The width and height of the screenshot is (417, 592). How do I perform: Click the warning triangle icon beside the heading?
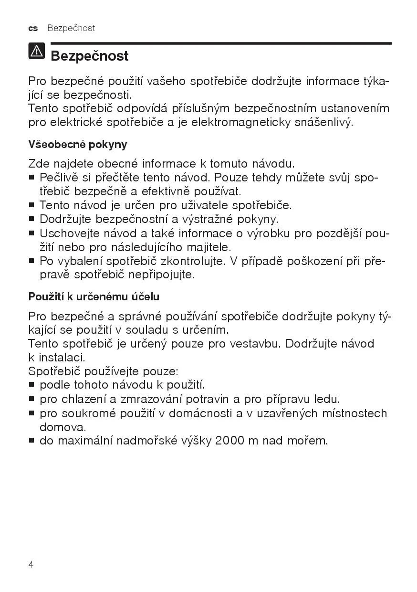tap(37, 51)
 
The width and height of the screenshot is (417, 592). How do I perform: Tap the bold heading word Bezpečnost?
tap(89, 56)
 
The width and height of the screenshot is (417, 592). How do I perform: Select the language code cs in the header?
tap(33, 28)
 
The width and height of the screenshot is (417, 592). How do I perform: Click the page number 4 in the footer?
tap(31, 565)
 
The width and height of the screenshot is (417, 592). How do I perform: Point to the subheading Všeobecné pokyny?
tap(78, 144)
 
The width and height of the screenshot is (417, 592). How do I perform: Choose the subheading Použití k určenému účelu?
tap(94, 296)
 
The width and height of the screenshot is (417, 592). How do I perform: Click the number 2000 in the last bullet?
tap(229, 440)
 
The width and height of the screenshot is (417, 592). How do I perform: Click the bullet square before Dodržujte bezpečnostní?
tap(31, 220)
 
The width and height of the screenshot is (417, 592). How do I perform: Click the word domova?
tap(62, 427)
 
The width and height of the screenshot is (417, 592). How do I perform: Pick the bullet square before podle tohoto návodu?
tap(31, 385)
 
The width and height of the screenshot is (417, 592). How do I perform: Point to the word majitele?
tap(208, 247)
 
